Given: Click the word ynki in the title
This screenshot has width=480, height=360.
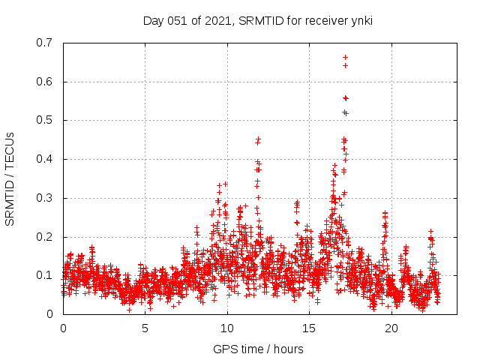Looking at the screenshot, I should tap(360, 21).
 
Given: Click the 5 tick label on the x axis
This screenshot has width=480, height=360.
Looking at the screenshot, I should tap(145, 328).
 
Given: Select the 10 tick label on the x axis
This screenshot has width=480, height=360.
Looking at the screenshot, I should tap(227, 328).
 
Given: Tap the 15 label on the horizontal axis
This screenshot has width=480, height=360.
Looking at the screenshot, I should tap(309, 328).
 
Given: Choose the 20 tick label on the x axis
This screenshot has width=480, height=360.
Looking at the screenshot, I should tap(391, 328).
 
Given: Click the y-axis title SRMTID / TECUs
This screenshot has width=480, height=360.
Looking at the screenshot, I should tap(10, 178).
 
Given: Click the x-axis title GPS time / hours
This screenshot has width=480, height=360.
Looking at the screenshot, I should tap(258, 349).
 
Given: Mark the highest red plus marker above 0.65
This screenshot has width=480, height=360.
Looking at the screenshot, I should tap(345, 57).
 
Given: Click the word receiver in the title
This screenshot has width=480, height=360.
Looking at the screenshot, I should tap(322, 21).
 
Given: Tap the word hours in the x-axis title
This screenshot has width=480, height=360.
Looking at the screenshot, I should tap(288, 349).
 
